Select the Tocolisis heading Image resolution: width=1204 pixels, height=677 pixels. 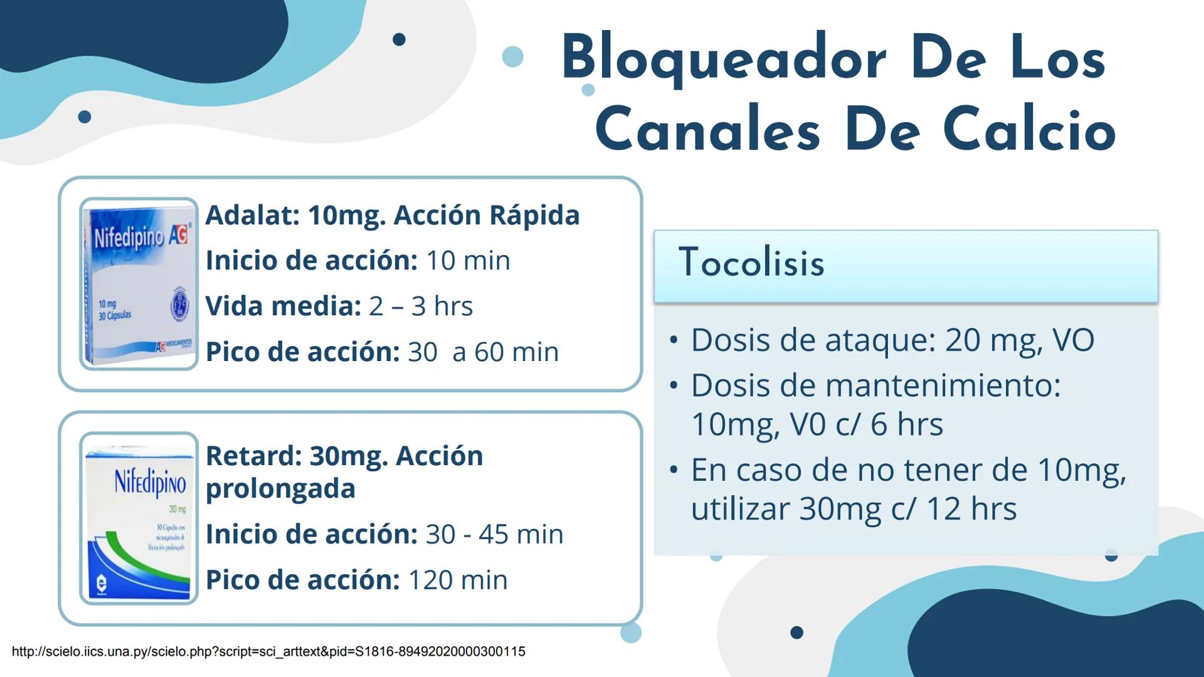(x=751, y=262)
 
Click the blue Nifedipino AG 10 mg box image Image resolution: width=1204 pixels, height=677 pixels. (x=139, y=284)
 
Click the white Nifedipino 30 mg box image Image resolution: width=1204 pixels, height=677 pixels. (x=139, y=518)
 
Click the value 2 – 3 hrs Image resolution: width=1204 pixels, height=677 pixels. (x=421, y=306)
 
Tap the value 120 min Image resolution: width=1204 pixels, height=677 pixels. (x=458, y=580)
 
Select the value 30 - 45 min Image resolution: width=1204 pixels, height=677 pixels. (x=494, y=534)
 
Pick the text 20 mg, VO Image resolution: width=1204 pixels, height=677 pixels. (x=1020, y=340)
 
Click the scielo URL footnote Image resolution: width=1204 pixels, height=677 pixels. (x=268, y=651)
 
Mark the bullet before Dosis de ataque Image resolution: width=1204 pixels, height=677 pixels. (x=673, y=340)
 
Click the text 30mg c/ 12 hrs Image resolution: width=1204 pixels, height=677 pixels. (x=907, y=508)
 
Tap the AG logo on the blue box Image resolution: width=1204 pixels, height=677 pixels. (x=178, y=234)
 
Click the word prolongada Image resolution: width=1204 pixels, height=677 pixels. (x=280, y=488)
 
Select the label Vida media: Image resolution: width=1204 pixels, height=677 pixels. (x=283, y=306)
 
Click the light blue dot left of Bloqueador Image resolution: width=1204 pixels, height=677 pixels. (x=513, y=56)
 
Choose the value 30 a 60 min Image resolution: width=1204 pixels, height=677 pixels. (x=483, y=352)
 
